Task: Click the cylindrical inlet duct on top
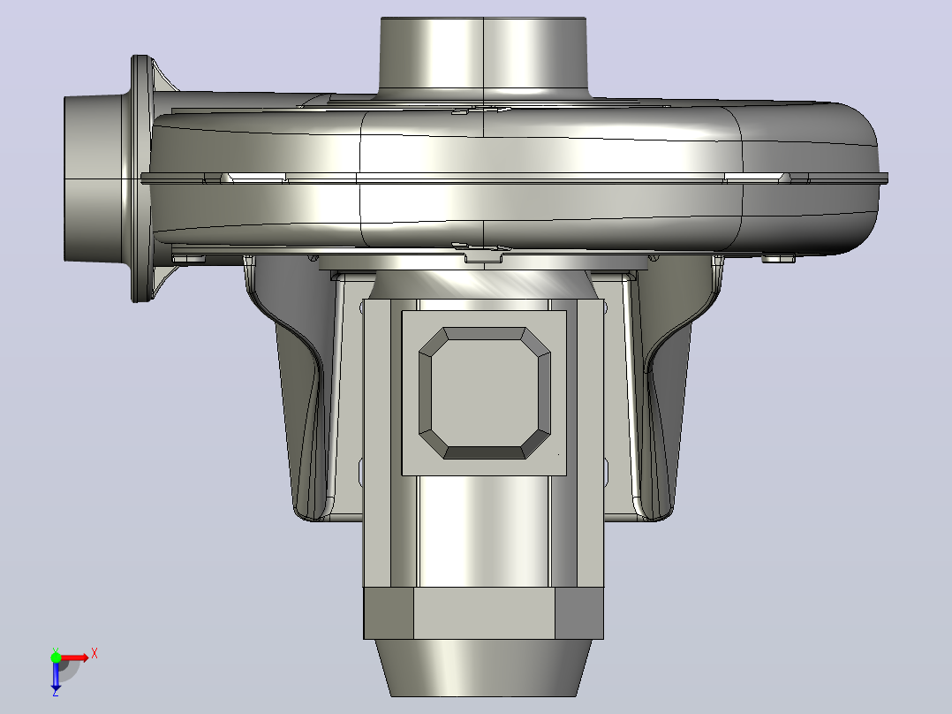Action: coord(483,56)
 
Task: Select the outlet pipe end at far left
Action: coord(94,178)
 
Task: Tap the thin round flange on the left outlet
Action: coord(141,178)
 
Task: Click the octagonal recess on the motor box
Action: coord(485,393)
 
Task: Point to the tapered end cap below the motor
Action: coord(483,667)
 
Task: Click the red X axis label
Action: coord(94,655)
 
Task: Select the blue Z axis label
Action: coord(56,692)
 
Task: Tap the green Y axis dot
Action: coord(56,657)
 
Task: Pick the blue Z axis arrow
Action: coord(56,674)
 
